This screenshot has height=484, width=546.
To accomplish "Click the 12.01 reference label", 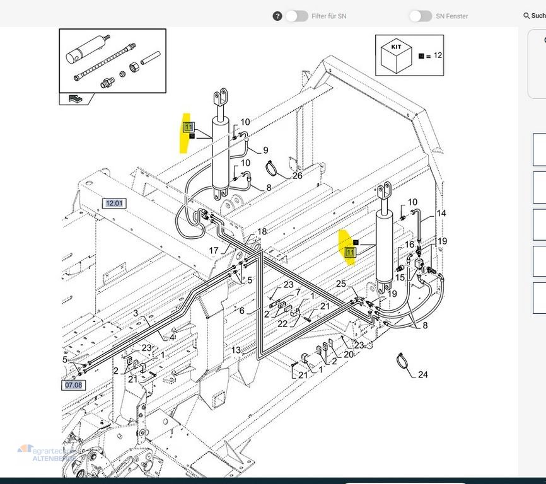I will point(114,204).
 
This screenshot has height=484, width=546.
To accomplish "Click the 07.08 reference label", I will point(73,384).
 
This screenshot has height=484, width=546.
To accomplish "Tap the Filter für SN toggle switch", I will point(297,16).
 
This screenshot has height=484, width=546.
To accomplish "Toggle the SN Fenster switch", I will point(421,16).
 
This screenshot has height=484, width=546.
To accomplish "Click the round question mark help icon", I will point(277,16).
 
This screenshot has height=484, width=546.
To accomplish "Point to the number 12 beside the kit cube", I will point(438,55).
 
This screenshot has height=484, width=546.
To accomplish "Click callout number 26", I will point(297,176).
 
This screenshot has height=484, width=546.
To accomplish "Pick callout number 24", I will point(422,375).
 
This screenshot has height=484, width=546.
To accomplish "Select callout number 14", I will point(441,214).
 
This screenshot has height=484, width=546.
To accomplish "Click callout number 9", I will point(265,150).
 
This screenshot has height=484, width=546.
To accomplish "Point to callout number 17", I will point(214,251).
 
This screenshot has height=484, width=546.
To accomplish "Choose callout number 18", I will point(262,232).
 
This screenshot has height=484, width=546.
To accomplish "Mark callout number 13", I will point(236,350).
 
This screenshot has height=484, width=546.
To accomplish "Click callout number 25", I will point(341,284).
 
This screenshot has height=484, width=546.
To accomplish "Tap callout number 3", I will point(135,313).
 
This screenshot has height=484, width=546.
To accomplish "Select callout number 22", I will point(283,324).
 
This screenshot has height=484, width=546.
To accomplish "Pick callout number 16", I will point(409,245).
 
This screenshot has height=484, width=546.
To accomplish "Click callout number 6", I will point(241,311).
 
